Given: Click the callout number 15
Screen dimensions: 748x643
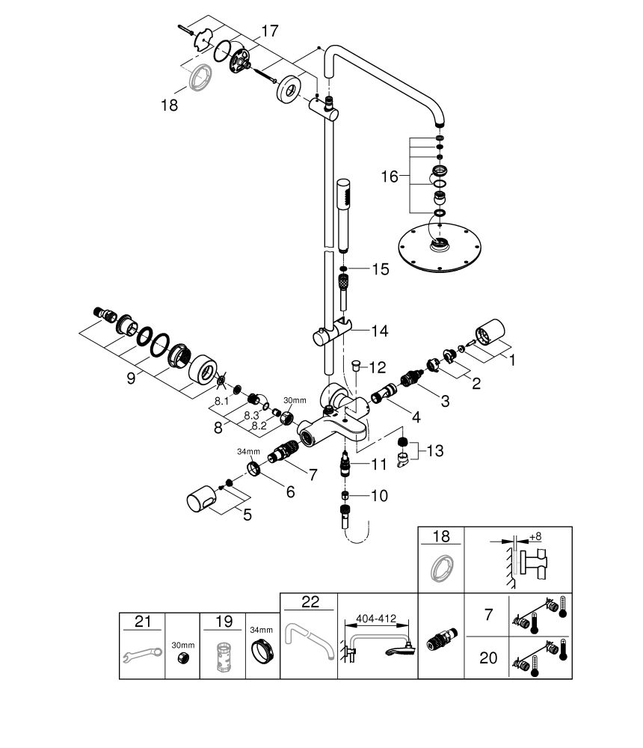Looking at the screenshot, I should (x=381, y=269).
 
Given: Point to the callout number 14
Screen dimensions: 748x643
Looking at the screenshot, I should (x=381, y=330).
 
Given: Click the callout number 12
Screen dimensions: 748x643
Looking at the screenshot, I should (x=378, y=367).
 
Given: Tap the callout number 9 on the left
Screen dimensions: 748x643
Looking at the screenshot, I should (x=131, y=378).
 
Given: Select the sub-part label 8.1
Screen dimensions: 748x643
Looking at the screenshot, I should (x=222, y=401).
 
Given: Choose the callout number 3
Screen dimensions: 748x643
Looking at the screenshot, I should (x=444, y=402).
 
